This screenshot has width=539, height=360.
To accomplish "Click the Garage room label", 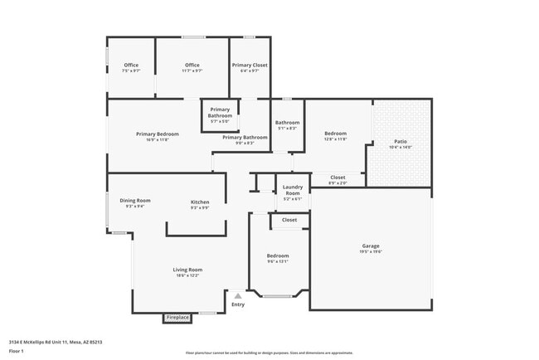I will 371,246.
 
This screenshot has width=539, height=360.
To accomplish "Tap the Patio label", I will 401,142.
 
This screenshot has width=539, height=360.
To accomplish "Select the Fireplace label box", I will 177,317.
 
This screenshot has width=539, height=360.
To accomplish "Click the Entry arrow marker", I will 238,294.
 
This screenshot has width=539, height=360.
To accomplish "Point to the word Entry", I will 238,304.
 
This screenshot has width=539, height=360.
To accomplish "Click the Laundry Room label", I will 293,191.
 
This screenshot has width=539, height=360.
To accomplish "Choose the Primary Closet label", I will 249,65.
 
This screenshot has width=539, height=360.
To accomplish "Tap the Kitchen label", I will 200,202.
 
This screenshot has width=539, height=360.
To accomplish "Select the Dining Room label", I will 135,200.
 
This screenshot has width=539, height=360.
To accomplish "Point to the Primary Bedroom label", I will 158,134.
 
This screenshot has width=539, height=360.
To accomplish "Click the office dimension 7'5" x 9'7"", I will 131,71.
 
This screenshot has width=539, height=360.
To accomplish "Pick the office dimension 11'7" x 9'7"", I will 192,71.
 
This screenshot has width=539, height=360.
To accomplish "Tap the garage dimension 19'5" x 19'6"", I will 371,251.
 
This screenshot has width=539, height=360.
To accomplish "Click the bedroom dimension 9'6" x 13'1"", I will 278,262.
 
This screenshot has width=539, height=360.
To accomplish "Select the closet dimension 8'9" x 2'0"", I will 337,182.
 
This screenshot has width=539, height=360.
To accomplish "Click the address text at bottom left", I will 55,341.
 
